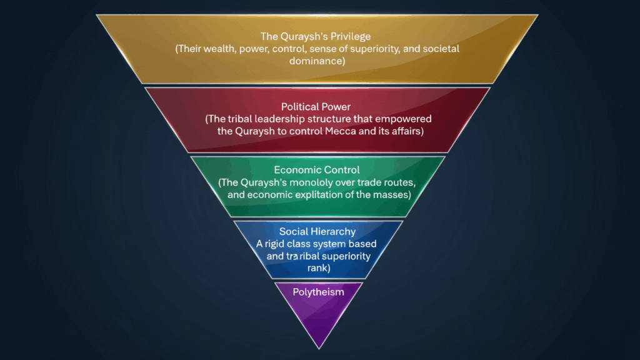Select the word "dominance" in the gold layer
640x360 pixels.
tap(317, 61)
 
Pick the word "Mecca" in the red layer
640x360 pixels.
tap(349, 131)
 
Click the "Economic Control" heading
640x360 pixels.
tap(317, 170)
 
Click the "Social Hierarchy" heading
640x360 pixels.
tap(317, 232)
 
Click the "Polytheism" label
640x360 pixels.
tap(318, 291)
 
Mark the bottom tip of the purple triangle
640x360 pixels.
tap(319, 347)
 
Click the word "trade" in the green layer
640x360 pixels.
tap(369, 182)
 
